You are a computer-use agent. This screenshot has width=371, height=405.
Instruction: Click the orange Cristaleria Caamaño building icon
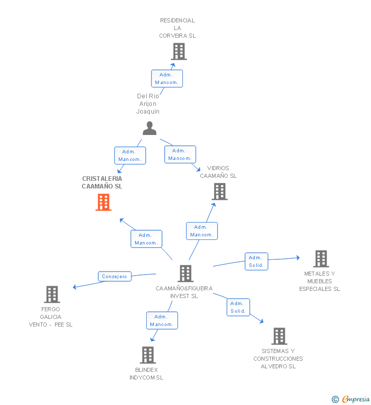click(103, 202)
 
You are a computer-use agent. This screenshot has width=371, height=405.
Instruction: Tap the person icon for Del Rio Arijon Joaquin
click(150, 128)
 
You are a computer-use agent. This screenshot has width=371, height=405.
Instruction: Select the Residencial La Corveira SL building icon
click(179, 51)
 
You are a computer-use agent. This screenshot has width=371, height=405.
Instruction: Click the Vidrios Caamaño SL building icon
click(220, 192)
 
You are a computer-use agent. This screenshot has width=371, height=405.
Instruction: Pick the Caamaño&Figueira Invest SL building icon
click(185, 273)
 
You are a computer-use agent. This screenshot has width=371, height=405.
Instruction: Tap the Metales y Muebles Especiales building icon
click(321, 259)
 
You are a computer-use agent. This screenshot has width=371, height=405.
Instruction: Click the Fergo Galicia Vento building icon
click(52, 294)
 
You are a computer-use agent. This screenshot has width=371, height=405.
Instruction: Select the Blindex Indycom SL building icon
click(148, 355)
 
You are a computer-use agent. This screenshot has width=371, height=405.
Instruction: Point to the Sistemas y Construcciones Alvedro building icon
click(279, 336)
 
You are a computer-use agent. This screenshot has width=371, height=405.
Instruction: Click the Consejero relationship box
click(115, 277)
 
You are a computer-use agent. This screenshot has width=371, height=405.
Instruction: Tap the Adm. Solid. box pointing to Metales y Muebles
click(256, 261)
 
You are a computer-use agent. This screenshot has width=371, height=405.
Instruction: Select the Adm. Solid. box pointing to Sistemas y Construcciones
click(238, 307)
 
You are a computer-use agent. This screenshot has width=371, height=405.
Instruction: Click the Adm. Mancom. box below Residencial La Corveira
click(167, 78)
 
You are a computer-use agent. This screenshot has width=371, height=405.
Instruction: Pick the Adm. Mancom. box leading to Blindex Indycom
click(162, 320)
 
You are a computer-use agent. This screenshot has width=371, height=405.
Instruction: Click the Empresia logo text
click(356, 399)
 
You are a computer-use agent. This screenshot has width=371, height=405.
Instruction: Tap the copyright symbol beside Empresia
click(335, 399)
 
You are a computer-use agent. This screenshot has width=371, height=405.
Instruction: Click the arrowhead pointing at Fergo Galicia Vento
click(74, 287)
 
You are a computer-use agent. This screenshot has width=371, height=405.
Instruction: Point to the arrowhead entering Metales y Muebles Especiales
click(298, 257)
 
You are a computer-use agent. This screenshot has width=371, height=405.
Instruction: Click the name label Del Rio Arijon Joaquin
click(148, 103)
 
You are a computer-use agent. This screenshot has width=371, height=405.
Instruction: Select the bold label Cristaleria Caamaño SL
click(102, 182)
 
